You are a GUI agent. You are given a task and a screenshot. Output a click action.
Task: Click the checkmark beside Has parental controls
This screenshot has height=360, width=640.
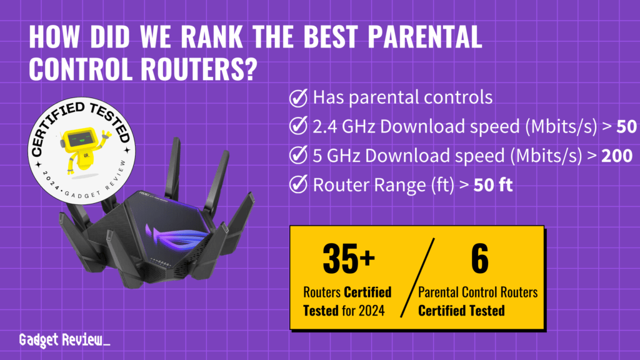(299, 98)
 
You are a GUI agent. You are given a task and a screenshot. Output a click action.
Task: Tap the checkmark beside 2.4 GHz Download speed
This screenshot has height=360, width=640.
(299, 127)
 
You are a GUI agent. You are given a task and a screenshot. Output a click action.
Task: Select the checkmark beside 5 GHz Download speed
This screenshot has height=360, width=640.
(299, 156)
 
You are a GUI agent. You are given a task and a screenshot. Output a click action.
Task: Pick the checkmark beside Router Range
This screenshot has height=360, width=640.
(299, 184)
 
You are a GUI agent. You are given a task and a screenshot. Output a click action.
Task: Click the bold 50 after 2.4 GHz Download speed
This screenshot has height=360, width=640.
(627, 127)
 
